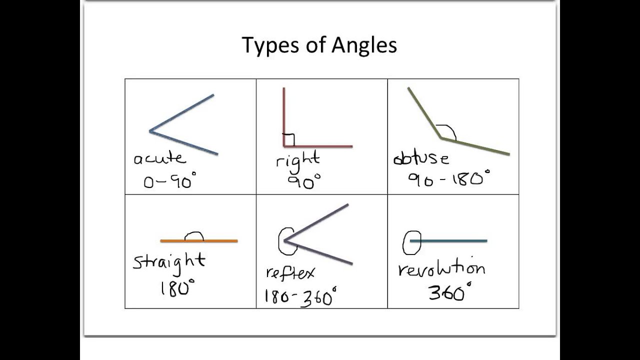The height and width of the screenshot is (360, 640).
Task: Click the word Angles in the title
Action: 364,45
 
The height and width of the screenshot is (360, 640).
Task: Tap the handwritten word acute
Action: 159,159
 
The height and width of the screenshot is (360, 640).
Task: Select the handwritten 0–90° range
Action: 170,180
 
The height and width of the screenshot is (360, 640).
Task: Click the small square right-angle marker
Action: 288,140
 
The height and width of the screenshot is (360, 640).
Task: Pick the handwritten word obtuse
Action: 421,159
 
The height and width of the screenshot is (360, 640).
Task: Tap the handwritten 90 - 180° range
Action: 448,178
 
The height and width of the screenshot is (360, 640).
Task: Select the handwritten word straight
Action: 169,261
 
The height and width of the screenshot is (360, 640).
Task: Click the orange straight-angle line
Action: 220,241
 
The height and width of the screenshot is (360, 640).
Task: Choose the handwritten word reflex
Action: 290,273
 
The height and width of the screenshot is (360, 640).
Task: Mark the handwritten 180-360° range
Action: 300,297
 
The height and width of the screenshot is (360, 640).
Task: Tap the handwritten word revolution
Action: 441,269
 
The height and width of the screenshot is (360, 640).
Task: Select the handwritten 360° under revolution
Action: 449,292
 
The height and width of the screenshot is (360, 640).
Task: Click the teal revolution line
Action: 455,241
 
